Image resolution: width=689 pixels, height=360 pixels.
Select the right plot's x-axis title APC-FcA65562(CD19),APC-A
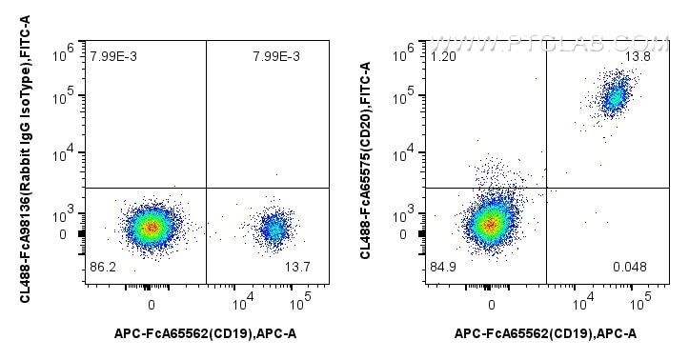click(546, 332)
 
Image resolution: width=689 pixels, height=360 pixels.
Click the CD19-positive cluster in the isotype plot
click(275, 228)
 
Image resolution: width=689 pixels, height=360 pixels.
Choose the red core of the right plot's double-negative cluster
click(490, 225)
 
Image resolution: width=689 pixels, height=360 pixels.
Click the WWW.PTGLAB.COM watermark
click(550, 44)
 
